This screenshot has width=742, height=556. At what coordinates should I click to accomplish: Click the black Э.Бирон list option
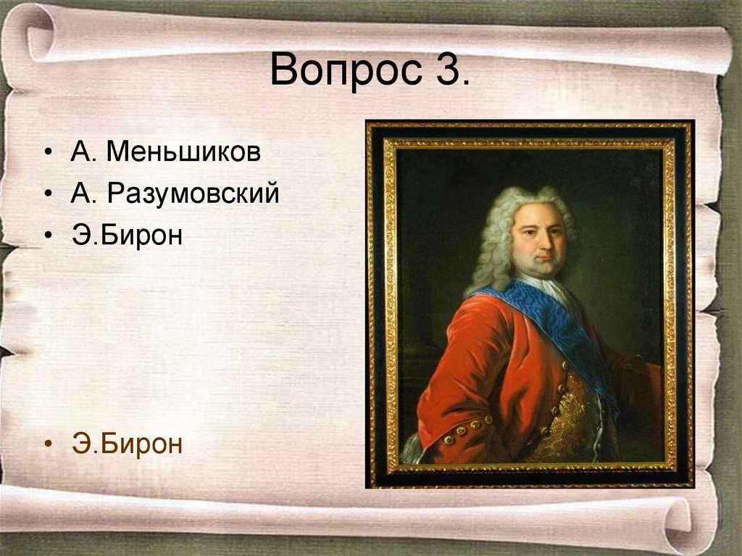[128, 236]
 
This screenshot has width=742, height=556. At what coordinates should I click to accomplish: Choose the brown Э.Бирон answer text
[128, 444]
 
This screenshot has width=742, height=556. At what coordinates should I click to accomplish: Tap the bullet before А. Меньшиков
[48, 154]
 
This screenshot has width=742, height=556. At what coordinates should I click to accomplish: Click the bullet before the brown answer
[48, 444]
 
